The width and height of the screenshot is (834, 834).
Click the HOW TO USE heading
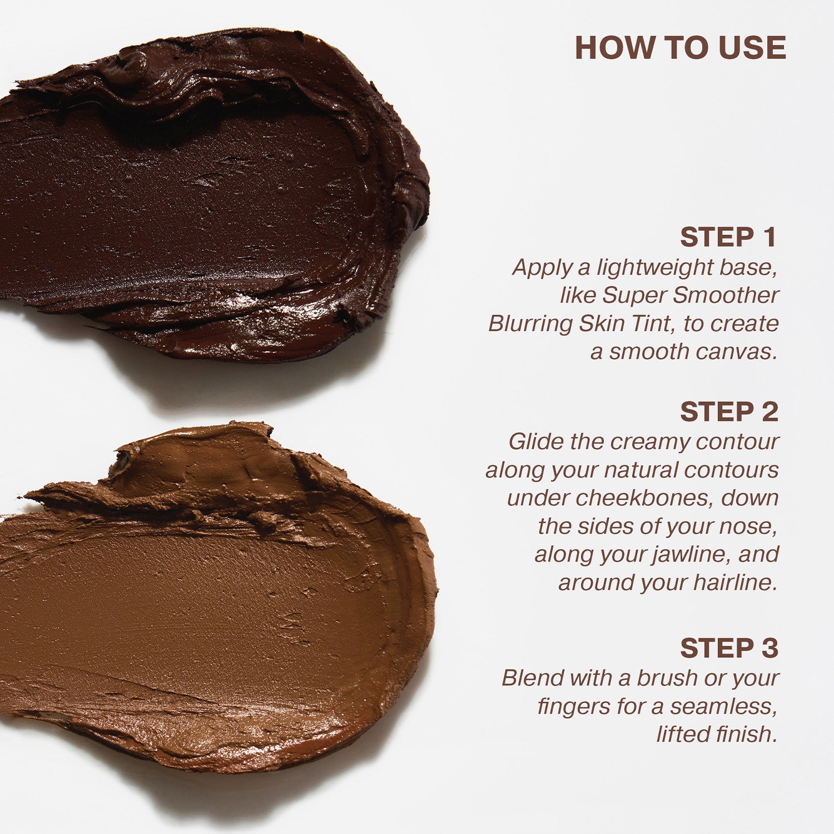tap(680, 48)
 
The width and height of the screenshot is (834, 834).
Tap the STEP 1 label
tap(728, 237)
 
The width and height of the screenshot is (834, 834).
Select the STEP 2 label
tap(729, 412)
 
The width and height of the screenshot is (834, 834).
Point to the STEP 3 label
tap(729, 648)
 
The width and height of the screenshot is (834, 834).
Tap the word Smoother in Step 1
tap(726, 295)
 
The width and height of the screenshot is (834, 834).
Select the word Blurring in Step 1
tap(530, 324)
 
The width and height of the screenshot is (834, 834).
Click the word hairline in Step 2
tap(735, 583)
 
